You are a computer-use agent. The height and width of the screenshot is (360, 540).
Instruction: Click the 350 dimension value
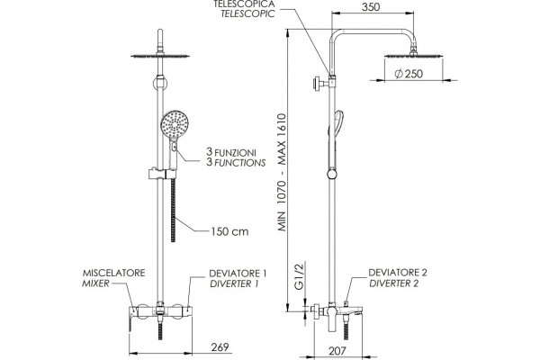coord(371,7)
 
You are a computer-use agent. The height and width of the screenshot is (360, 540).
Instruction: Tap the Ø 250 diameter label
coord(409,74)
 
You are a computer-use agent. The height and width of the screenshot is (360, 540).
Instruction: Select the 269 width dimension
coord(220,346)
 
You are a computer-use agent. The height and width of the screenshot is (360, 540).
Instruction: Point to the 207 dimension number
coord(337,351)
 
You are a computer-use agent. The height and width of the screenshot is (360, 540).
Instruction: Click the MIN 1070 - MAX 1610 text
coord(283,172)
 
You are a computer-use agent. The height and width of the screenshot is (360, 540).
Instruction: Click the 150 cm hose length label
coord(229,231)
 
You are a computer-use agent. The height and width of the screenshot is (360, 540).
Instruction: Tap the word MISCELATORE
coord(113,273)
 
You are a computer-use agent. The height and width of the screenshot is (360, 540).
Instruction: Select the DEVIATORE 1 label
coord(238,274)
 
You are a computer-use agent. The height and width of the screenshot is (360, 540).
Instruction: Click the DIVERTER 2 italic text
coord(394,283)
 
